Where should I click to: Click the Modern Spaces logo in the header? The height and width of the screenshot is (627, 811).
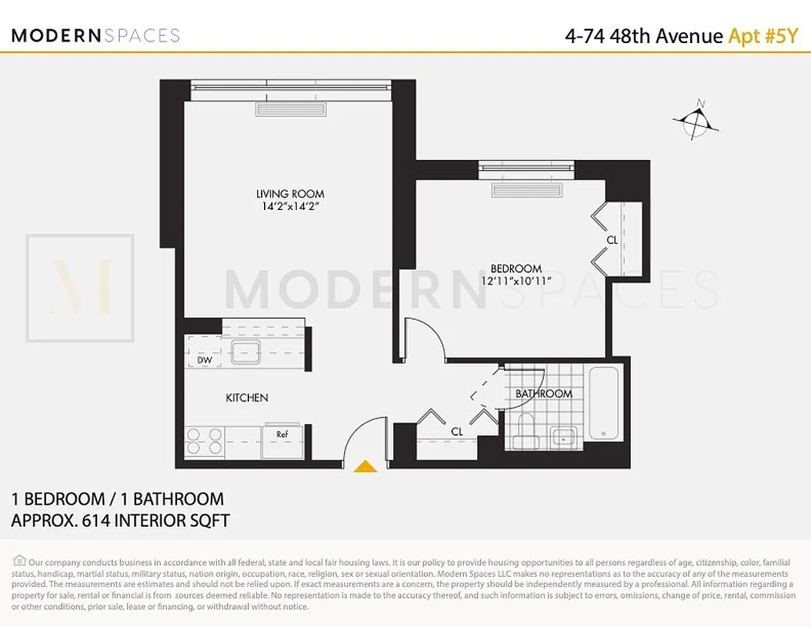point(96,35)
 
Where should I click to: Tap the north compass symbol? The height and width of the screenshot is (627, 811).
point(695,120)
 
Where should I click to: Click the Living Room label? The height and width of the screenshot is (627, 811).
point(290,194)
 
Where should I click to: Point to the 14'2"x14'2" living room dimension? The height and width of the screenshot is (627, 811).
point(290,207)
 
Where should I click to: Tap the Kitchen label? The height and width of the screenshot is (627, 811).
point(247,398)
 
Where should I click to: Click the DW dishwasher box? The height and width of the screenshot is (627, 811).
point(205,360)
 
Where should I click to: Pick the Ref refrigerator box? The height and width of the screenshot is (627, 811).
point(282,433)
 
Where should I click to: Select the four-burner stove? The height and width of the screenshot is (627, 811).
point(204,442)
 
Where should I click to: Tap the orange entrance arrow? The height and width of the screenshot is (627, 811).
point(365,467)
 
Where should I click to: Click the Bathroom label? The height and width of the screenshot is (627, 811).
point(543,393)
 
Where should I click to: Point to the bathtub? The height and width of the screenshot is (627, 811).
point(603,403)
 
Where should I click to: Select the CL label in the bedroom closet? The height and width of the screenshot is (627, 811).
point(612,240)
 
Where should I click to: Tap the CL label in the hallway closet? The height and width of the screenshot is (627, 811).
point(457,431)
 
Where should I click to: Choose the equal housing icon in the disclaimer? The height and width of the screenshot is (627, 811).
point(19,560)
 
